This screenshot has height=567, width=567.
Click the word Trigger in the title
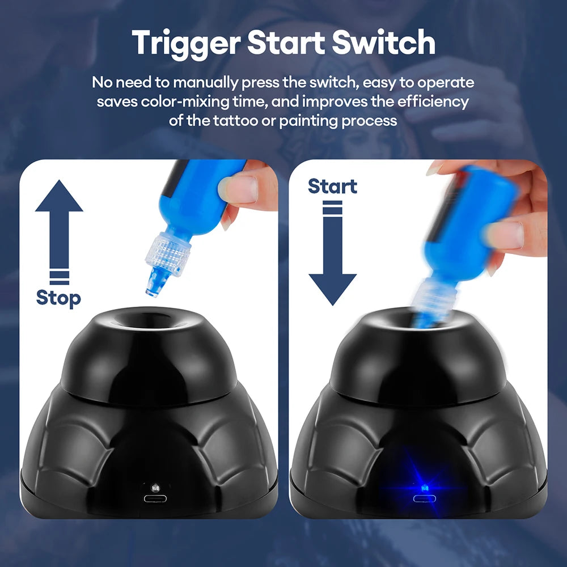[x=186, y=44]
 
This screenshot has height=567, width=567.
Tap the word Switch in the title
[x=384, y=42]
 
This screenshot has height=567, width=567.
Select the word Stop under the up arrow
[x=58, y=299]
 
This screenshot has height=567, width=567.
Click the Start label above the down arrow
[x=332, y=187]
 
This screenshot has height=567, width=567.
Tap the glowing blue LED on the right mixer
[x=425, y=488]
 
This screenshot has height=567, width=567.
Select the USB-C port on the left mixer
[x=155, y=498]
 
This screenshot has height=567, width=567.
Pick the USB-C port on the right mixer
[x=425, y=498]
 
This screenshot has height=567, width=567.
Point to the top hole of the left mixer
[x=150, y=319]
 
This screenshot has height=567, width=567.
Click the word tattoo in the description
[x=235, y=120]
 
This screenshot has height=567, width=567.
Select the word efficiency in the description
[x=433, y=102]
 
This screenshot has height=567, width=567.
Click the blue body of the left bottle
[x=197, y=197]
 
